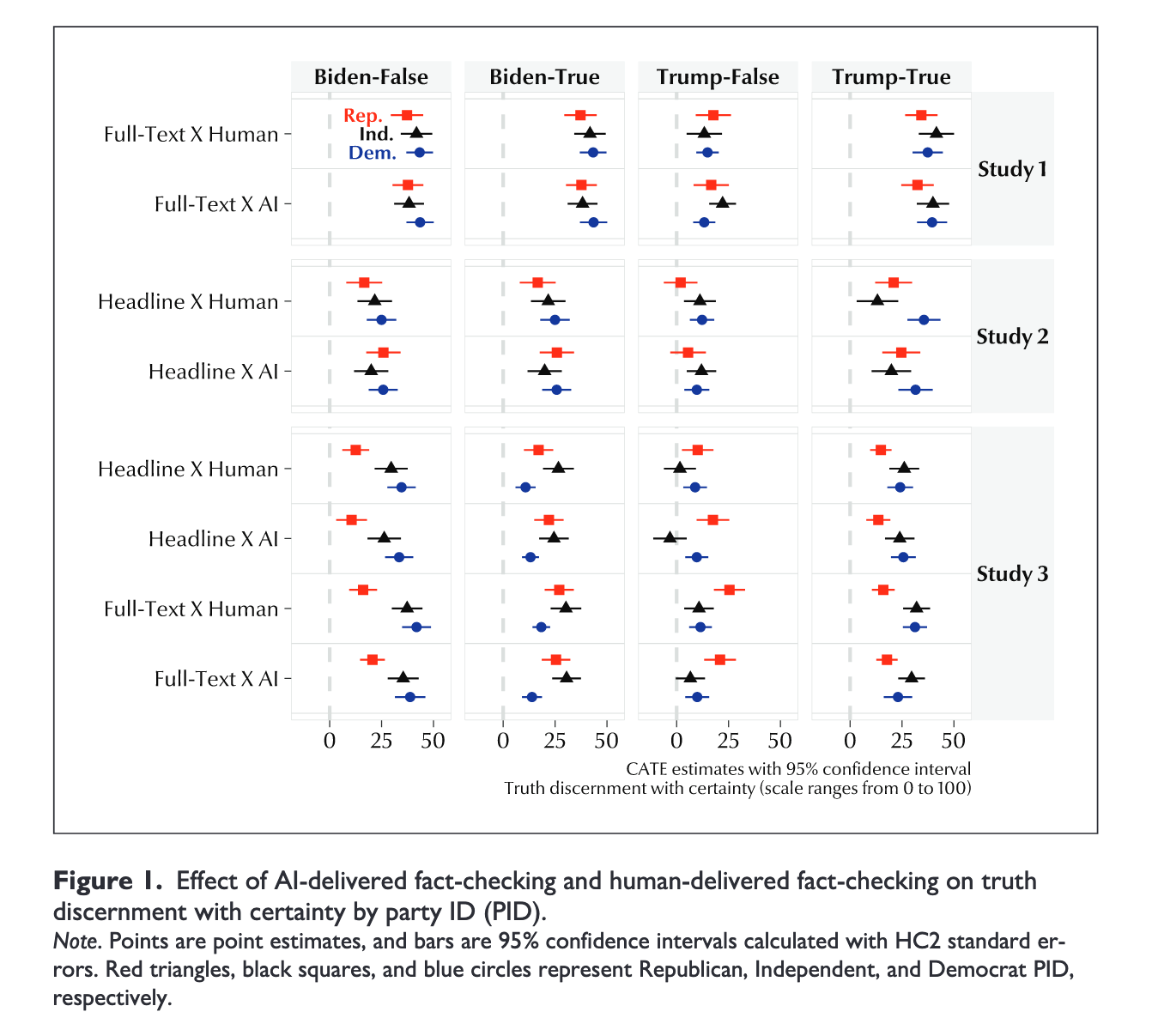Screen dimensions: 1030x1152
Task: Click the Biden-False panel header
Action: click(x=371, y=77)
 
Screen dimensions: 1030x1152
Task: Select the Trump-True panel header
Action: click(x=891, y=77)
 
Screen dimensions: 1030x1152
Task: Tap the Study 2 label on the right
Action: click(x=1012, y=336)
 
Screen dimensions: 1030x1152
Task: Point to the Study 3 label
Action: click(x=1012, y=574)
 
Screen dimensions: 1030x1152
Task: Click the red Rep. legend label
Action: click(x=363, y=116)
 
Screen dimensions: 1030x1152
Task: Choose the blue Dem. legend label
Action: click(x=373, y=154)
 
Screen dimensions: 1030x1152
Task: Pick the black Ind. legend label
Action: click(x=376, y=135)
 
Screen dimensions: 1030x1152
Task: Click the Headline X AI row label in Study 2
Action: click(x=214, y=372)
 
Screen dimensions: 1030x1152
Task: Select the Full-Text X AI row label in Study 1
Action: click(x=216, y=204)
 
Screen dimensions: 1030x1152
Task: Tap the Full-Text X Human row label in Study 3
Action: click(x=191, y=609)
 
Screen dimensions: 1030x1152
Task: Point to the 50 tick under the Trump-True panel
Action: click(x=955, y=741)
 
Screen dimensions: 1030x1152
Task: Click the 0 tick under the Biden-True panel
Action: click(x=503, y=741)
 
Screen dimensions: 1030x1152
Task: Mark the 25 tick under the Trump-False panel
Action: click(x=728, y=741)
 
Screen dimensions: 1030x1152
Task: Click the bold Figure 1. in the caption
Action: click(x=108, y=882)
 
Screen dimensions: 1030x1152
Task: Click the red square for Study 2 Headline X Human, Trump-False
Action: click(x=681, y=282)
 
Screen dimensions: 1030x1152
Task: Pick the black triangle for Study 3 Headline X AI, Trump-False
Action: click(x=670, y=537)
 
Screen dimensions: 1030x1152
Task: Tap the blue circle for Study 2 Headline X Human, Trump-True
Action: click(x=924, y=320)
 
